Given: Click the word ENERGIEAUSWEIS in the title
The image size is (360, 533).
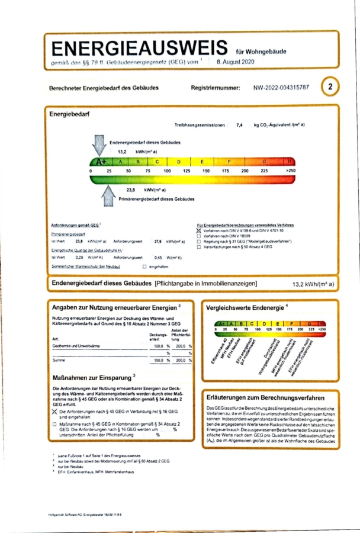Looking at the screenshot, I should pos(140,49).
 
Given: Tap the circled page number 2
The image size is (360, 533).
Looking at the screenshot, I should pos(330,87).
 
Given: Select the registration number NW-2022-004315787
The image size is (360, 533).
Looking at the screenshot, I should pos(281,88).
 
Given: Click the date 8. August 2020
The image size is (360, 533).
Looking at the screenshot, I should pos(236,62).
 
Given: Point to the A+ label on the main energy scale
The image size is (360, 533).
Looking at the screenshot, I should pos(99,161).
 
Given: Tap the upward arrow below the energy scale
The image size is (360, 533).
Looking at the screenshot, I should pos(108,195).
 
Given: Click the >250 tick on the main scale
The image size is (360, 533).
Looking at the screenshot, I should pos(290,171).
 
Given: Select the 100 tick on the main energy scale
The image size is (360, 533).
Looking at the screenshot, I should pos(167,171).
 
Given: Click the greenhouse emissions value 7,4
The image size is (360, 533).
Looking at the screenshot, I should pos(239,126).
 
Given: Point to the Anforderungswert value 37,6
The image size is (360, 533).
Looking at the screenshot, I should pos(157,242).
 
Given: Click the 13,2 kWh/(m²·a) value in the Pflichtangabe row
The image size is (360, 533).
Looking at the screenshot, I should pos(313,284).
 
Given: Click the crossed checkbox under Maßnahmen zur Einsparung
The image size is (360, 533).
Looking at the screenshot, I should pos(55,410).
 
